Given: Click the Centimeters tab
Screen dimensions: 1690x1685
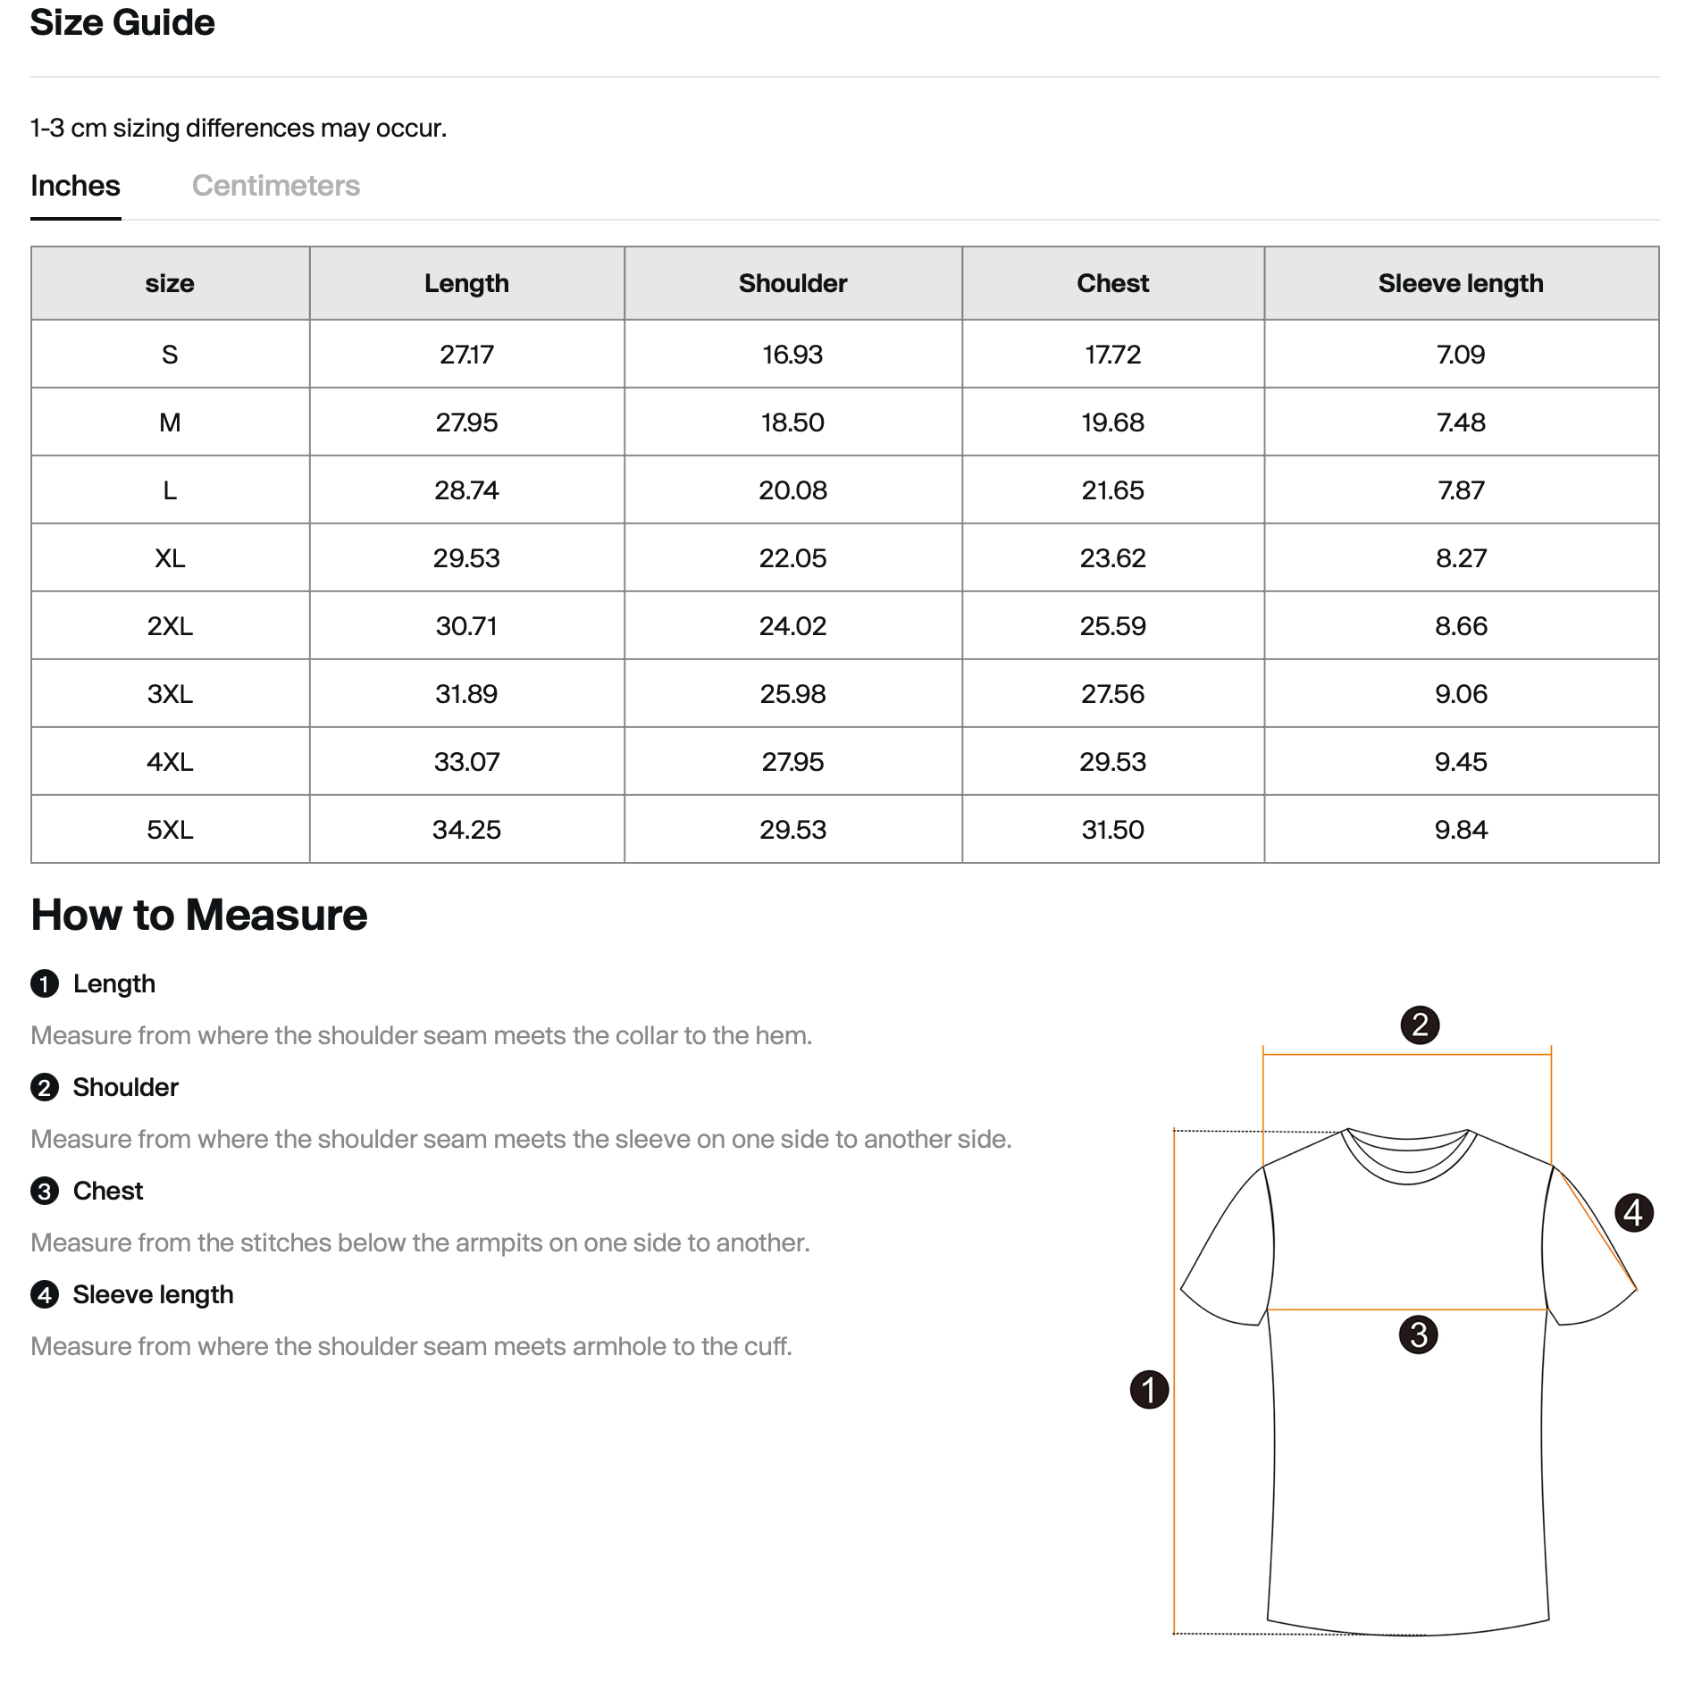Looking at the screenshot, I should click(275, 186).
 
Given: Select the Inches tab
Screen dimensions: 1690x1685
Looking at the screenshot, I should click(75, 186).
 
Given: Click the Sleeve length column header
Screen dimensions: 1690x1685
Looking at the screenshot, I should click(1460, 283).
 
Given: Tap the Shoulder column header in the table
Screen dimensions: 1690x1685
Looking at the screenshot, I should click(792, 283).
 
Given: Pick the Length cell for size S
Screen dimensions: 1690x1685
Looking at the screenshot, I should click(466, 355).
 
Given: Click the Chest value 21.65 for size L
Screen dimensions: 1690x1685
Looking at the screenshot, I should click(1112, 490).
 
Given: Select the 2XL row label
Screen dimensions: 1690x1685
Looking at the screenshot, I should click(170, 626).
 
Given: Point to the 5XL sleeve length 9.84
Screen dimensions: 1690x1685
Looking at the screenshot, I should click(1461, 830).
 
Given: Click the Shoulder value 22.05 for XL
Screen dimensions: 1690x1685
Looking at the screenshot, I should click(792, 558).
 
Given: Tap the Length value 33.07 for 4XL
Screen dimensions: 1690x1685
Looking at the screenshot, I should click(466, 762).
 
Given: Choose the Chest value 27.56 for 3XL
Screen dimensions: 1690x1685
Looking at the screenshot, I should click(1112, 694).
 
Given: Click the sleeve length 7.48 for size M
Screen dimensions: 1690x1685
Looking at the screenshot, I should click(1461, 422).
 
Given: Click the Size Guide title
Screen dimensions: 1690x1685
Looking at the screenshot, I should click(122, 22).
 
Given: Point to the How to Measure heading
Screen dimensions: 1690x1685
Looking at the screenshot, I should click(199, 915).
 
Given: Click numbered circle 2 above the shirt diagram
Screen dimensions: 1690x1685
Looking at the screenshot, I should click(1420, 1025).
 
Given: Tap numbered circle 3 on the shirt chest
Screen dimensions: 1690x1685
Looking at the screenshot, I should click(1418, 1334).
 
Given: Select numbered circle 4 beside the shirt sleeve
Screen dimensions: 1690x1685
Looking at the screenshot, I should click(1633, 1213).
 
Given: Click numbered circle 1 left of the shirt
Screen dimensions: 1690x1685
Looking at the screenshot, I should click(1149, 1390).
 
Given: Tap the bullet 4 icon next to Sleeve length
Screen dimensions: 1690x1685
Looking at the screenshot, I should click(45, 1294).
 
